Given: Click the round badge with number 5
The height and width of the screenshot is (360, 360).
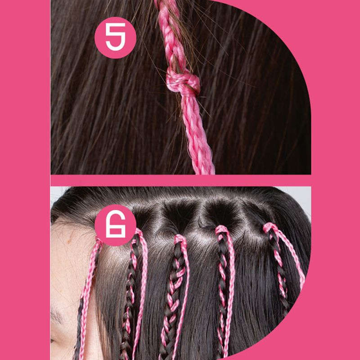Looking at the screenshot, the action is click(x=115, y=37).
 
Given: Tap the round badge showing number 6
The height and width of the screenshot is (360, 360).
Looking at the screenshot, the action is click(x=115, y=225).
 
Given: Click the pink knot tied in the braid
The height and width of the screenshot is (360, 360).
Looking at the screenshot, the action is click(x=183, y=83).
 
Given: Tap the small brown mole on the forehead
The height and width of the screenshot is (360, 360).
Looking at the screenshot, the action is click(x=69, y=241).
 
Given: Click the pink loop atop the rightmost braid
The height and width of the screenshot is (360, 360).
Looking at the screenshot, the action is click(x=271, y=227).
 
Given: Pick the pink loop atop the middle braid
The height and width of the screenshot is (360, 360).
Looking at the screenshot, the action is click(x=180, y=239).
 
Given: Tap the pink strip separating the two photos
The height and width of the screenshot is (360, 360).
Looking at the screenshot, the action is click(x=181, y=180).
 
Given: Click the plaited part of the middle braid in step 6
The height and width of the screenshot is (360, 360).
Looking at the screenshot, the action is click(x=172, y=298).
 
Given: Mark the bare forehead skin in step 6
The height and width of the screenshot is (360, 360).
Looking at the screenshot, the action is click(x=69, y=264).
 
